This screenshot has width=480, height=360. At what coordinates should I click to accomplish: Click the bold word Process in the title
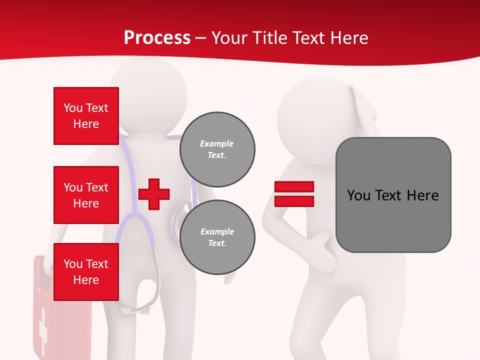pyautogui.click(x=157, y=37)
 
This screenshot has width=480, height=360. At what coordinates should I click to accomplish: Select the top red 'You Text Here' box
pyautogui.click(x=86, y=116)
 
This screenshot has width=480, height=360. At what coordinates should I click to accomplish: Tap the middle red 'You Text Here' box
pyautogui.click(x=86, y=195)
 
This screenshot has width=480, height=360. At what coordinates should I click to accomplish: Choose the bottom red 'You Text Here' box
pyautogui.click(x=86, y=271)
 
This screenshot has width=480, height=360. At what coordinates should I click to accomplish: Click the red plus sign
pyautogui.click(x=154, y=193)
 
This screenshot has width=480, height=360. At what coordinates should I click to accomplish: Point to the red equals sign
pyautogui.click(x=294, y=194)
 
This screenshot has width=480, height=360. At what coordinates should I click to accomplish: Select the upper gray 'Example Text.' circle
pyautogui.click(x=217, y=149)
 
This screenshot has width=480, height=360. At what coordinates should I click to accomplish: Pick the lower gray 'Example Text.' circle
pyautogui.click(x=217, y=237)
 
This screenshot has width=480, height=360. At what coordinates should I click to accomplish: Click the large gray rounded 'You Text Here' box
pyautogui.click(x=393, y=195)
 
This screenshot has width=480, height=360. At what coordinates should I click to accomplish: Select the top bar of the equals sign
pyautogui.click(x=294, y=187)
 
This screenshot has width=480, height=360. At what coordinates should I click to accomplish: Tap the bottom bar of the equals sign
pyautogui.click(x=294, y=201)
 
